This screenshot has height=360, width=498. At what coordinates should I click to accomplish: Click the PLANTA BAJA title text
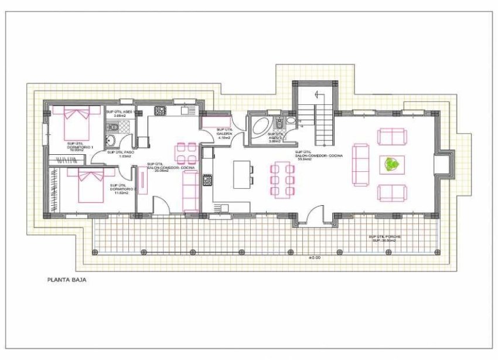pos(67,280)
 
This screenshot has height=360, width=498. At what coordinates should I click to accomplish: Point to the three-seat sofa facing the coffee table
pos(360,164)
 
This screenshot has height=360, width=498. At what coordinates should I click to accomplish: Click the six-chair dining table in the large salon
pos(282,180)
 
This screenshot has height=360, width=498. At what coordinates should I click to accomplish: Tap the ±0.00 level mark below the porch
pos(315,257)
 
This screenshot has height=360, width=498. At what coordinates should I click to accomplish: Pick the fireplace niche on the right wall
pos(442,164)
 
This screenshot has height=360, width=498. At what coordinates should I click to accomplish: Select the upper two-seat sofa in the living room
pos(391,137)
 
